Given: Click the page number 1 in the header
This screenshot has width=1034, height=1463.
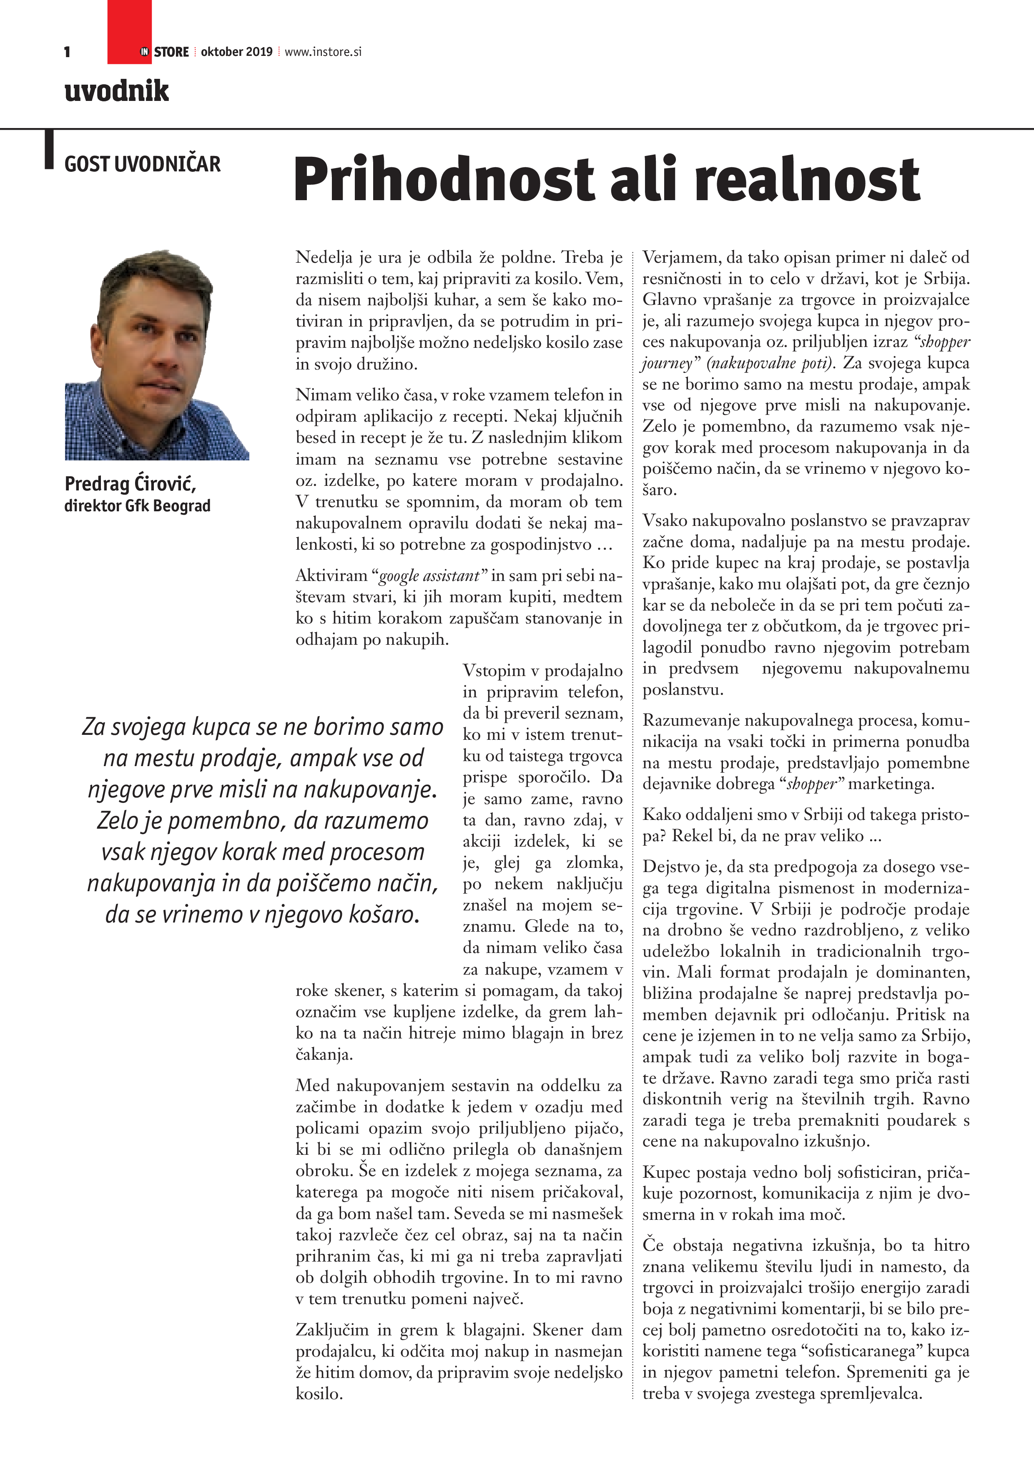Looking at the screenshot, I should (x=67, y=52).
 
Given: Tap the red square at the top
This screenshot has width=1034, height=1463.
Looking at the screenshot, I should (x=129, y=25).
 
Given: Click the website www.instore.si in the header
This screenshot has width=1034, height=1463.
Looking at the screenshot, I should (x=323, y=52).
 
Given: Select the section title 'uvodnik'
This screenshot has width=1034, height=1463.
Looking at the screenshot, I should (x=117, y=90).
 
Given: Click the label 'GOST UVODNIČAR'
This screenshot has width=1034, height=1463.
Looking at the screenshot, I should (x=142, y=164).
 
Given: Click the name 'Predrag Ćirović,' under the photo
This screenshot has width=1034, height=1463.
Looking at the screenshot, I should (x=130, y=484).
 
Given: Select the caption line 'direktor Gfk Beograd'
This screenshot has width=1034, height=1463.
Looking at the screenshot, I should (x=137, y=506).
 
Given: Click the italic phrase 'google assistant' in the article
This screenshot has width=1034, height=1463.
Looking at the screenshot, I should (x=429, y=576).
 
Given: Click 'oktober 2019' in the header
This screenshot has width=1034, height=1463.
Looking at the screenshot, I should (x=236, y=52).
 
